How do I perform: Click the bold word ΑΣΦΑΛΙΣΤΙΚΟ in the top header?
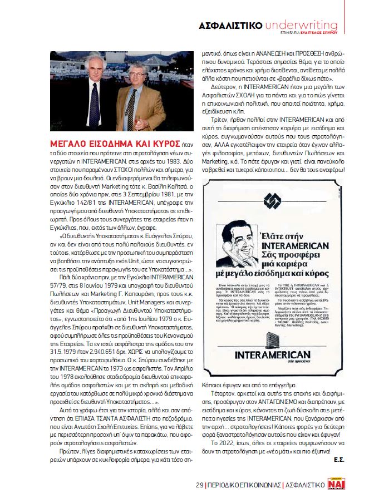click(x=230, y=26)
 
